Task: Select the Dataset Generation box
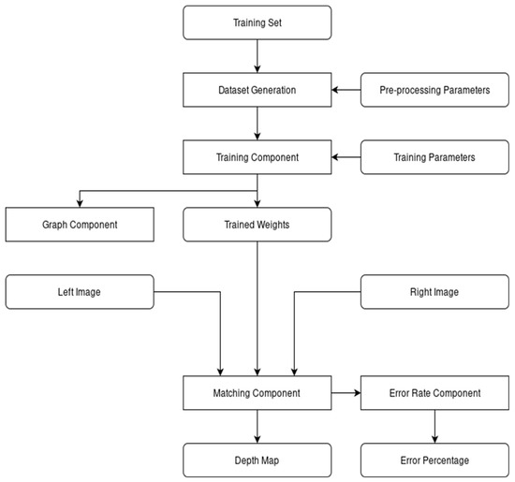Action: (257, 92)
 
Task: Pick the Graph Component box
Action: (81, 225)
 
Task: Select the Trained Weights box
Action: (257, 225)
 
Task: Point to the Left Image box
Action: (81, 291)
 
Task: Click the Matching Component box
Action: (257, 393)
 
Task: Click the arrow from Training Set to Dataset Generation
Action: (257, 61)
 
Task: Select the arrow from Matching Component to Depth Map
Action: (257, 426)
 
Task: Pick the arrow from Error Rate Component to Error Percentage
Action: (434, 426)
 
